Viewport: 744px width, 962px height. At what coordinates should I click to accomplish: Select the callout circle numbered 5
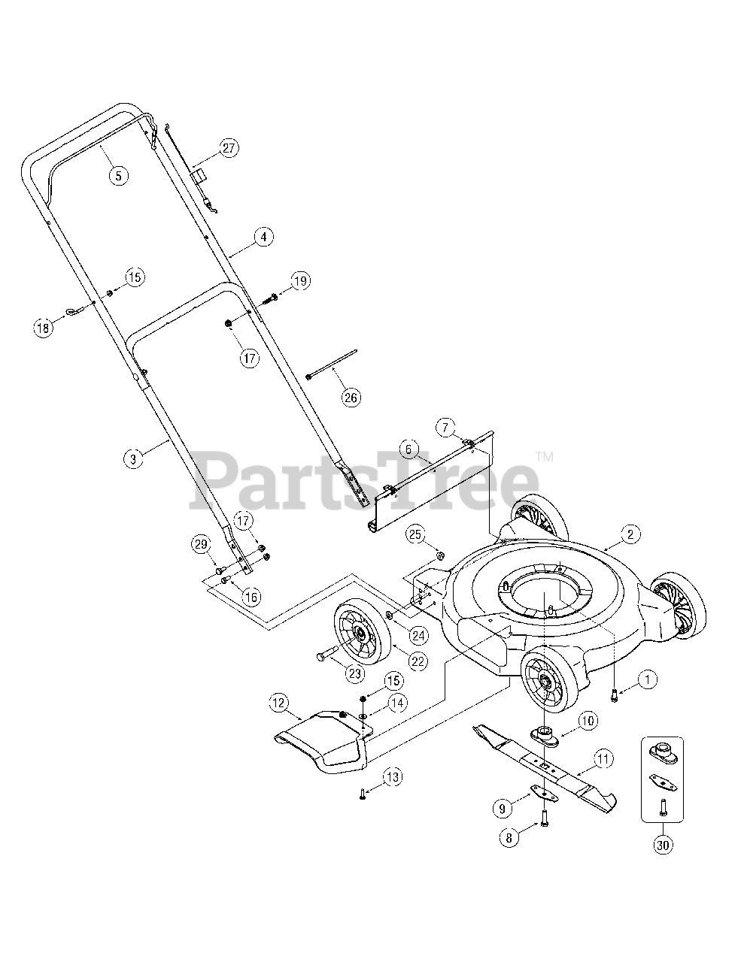point(118,176)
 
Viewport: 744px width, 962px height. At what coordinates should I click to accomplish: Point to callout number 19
point(300,282)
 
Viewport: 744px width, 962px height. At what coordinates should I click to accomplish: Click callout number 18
point(44,327)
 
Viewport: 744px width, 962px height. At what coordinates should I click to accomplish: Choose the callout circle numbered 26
point(351,398)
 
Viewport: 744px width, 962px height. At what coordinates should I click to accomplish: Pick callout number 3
point(132,458)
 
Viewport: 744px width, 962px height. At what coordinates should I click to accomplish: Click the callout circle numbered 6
point(408,449)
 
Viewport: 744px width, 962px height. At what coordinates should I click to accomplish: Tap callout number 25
point(415,534)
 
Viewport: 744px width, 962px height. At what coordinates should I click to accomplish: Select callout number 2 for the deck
point(630,534)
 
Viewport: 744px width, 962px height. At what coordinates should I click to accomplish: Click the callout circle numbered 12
point(278,703)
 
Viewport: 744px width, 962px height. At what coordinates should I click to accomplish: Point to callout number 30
point(662,845)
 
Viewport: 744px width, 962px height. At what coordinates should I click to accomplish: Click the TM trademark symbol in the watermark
point(544,456)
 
